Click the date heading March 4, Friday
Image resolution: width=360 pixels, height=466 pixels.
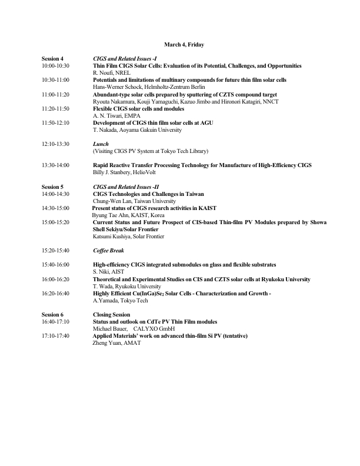[184, 45]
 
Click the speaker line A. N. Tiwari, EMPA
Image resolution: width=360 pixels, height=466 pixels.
[116, 115]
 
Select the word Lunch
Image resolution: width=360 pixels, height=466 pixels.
[101, 144]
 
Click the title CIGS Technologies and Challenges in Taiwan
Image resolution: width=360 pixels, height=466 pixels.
[147, 194]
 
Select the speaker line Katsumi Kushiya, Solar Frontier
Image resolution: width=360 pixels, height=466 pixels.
[128, 237]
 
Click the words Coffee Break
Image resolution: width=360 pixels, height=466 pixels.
[108, 251]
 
